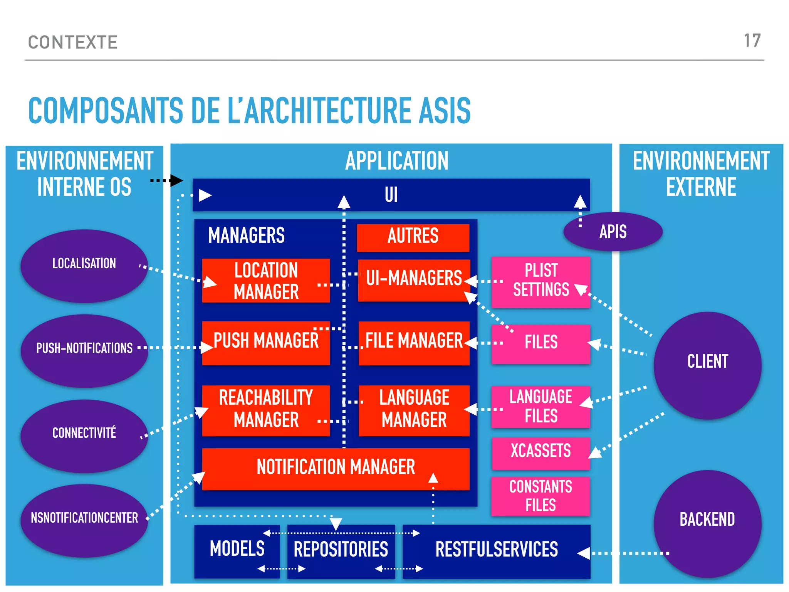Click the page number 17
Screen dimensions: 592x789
(x=752, y=41)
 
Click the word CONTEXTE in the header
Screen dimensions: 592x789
(x=73, y=42)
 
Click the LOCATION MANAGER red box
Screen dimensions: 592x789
(x=266, y=280)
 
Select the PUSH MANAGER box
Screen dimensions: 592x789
(x=266, y=342)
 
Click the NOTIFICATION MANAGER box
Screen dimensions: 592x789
(x=335, y=468)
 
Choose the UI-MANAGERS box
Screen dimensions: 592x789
(x=414, y=279)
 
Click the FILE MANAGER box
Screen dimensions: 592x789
(x=414, y=342)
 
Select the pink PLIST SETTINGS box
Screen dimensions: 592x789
(x=541, y=281)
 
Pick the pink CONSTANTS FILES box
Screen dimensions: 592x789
(x=541, y=496)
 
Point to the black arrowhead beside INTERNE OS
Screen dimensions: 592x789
(x=177, y=180)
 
